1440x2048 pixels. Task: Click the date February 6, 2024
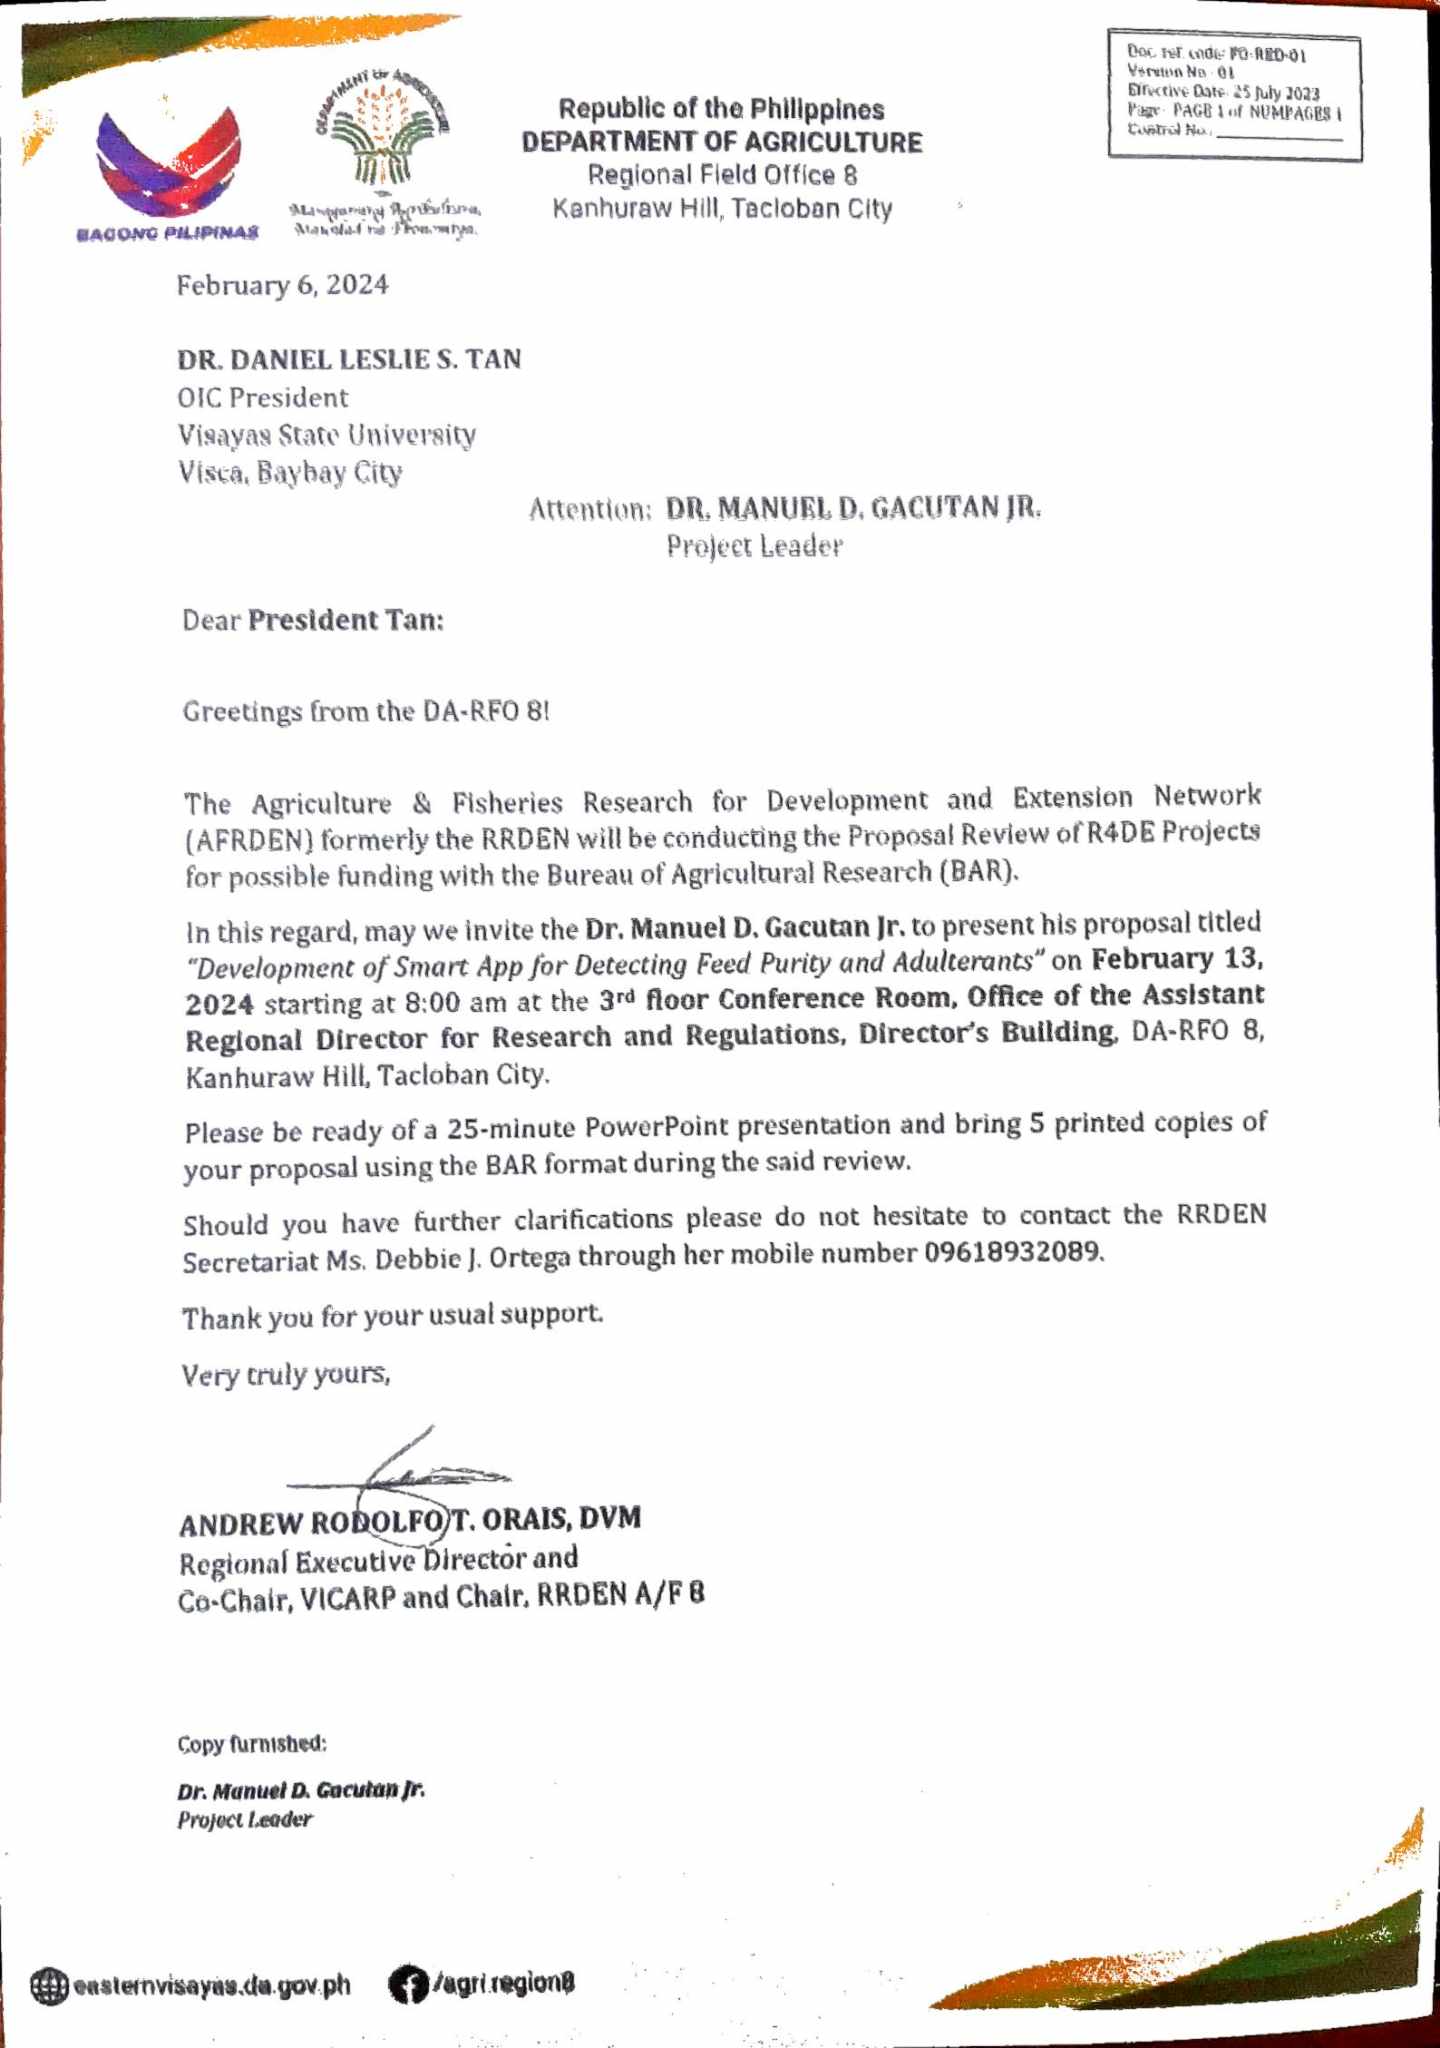click(282, 286)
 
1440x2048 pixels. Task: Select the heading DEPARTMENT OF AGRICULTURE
click(722, 142)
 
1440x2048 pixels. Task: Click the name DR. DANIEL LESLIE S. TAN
click(349, 359)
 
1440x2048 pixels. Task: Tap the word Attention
click(589, 509)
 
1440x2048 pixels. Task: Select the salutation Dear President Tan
click(312, 621)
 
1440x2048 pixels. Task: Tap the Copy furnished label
click(252, 1744)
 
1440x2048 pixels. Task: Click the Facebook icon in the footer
click(406, 1984)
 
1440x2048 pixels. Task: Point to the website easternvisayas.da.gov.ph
click(211, 1985)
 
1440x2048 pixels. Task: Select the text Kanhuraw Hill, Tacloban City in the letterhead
click(722, 209)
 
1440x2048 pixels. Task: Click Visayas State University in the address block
click(326, 435)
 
